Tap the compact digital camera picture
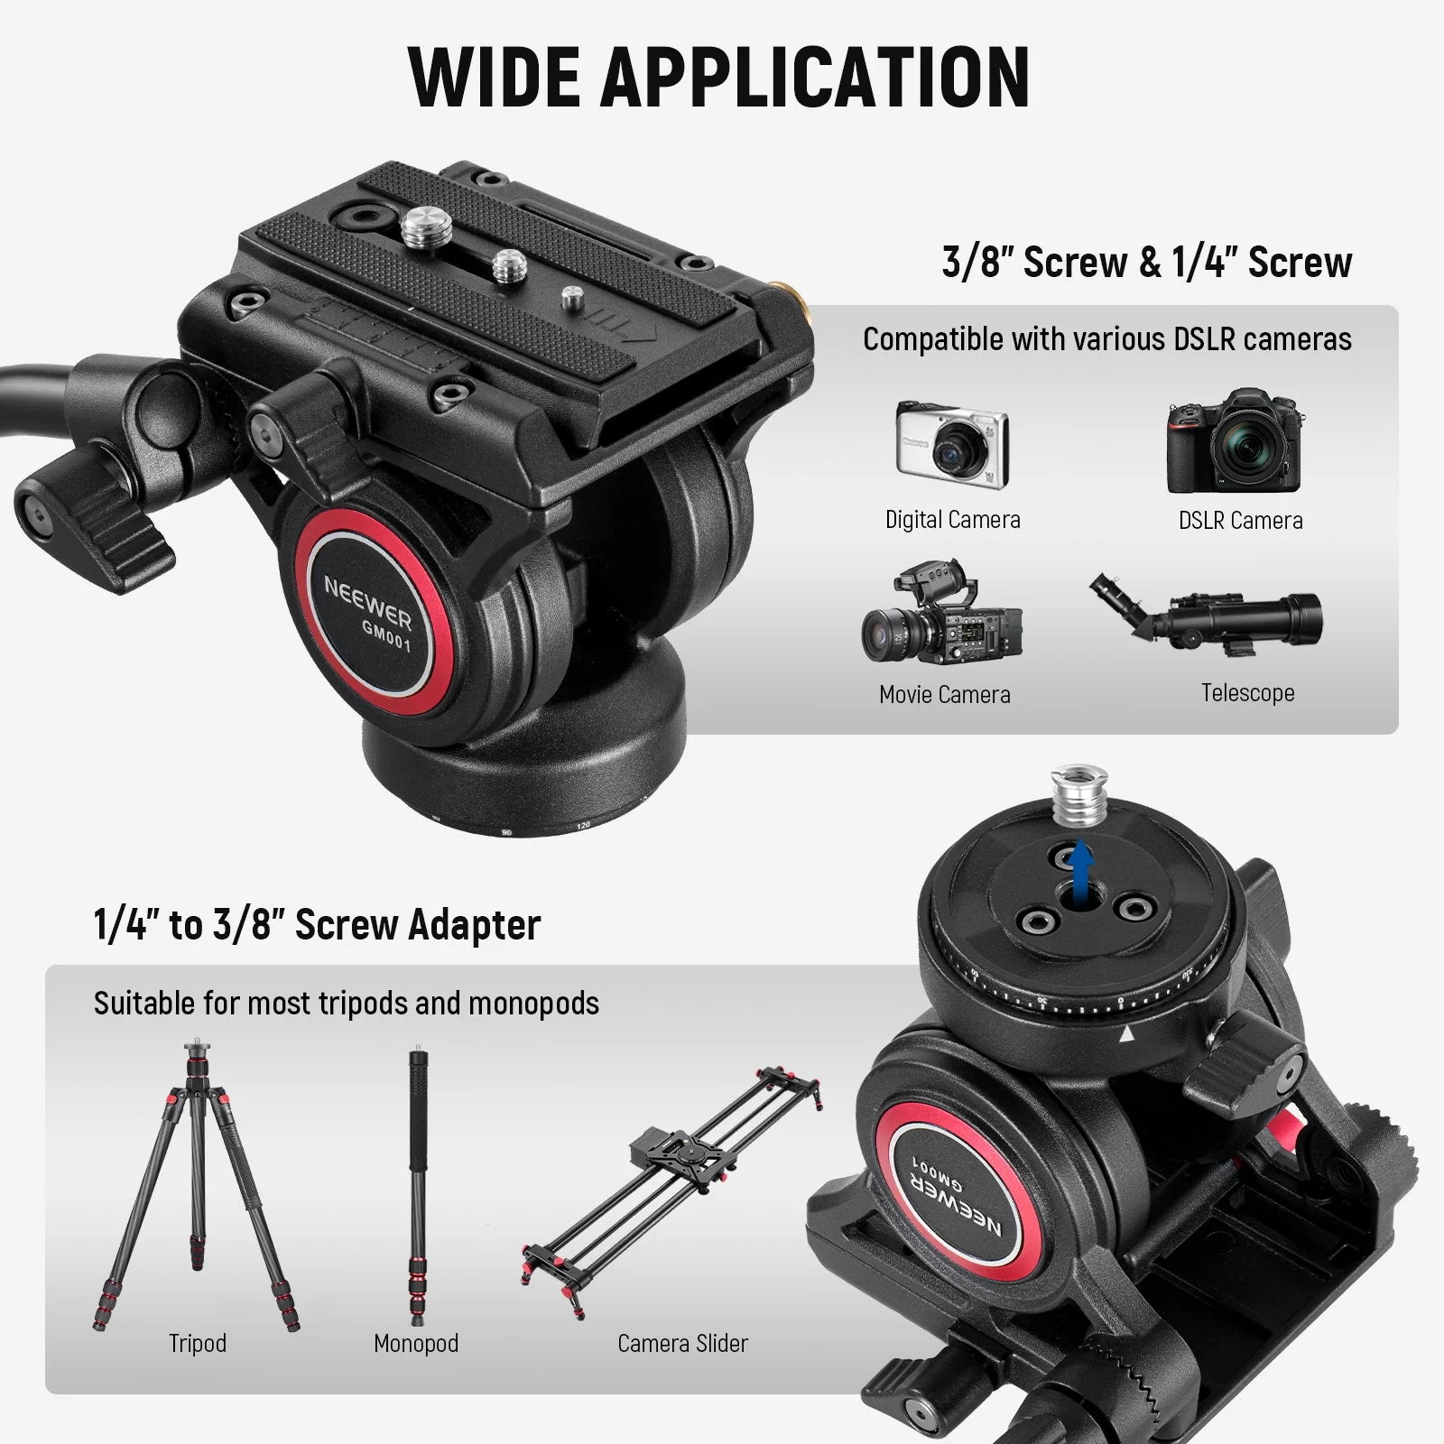951,445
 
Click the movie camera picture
941,613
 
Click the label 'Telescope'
1247,692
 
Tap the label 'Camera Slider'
682,1343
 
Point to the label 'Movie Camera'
944,694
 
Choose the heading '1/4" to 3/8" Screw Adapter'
317,925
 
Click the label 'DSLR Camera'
1240,521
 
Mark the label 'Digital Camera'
952,520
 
